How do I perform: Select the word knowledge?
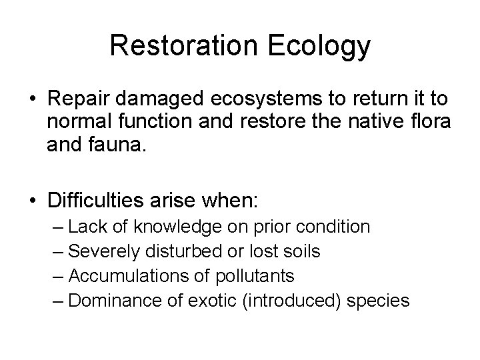click(178, 227)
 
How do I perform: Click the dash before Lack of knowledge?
click(57, 227)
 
